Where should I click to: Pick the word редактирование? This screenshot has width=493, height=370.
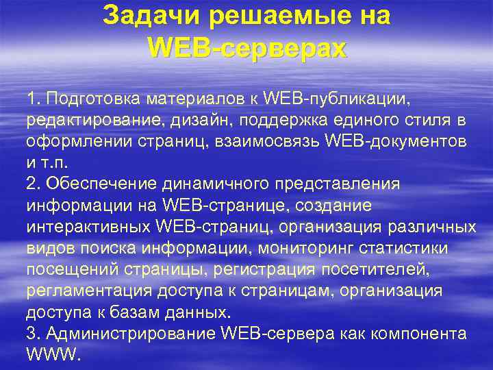coord(85,121)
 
